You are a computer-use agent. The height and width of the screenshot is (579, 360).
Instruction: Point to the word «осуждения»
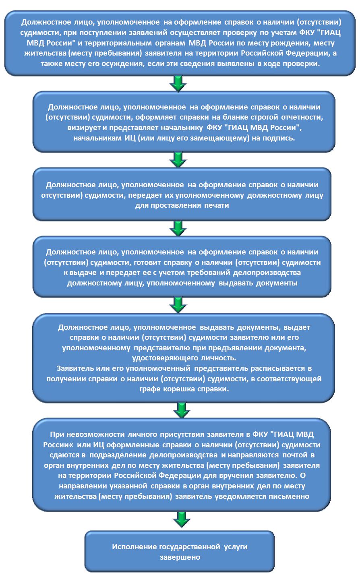click(125, 64)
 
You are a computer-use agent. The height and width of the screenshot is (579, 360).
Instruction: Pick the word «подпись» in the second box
click(279, 138)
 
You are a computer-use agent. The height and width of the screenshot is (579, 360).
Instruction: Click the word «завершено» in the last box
click(180, 557)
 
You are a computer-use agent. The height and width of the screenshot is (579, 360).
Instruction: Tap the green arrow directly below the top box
click(178, 83)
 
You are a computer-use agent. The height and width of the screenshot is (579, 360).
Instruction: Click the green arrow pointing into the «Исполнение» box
click(182, 519)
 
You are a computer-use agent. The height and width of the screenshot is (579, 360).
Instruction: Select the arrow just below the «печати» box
click(178, 228)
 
